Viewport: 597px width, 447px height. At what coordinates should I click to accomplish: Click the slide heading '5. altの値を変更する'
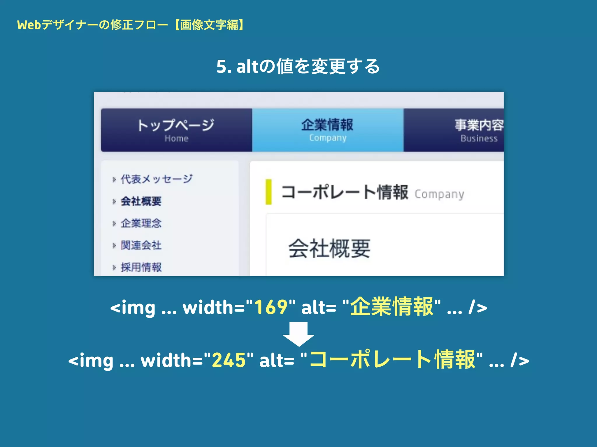click(x=298, y=66)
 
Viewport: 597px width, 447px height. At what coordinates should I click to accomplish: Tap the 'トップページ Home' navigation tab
click(x=176, y=130)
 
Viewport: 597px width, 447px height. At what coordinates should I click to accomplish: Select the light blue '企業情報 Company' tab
click(x=328, y=130)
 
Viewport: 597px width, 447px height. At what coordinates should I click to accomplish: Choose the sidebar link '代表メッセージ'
click(x=157, y=179)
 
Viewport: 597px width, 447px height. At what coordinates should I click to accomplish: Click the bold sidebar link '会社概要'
click(x=141, y=201)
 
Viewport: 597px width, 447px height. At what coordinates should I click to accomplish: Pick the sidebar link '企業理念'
click(x=141, y=223)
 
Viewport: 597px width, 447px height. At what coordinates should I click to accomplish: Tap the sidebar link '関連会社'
click(x=141, y=245)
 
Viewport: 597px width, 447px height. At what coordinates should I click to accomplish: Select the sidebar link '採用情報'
click(x=141, y=267)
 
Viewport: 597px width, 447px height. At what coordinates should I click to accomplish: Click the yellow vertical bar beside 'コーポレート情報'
click(x=268, y=192)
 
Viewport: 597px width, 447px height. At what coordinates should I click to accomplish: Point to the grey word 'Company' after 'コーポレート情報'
click(x=439, y=194)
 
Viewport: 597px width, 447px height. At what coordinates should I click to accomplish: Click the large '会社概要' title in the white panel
click(x=329, y=249)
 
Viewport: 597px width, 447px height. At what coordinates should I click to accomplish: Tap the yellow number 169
click(x=271, y=307)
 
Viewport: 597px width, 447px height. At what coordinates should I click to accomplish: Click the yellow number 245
click(x=229, y=360)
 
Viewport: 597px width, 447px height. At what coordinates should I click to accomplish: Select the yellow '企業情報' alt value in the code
click(x=392, y=307)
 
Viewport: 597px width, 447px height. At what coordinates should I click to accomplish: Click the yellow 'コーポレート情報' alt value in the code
click(x=392, y=360)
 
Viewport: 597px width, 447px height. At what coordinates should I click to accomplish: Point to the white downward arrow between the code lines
click(x=298, y=334)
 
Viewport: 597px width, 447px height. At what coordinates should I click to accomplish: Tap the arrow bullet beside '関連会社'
click(x=114, y=246)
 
